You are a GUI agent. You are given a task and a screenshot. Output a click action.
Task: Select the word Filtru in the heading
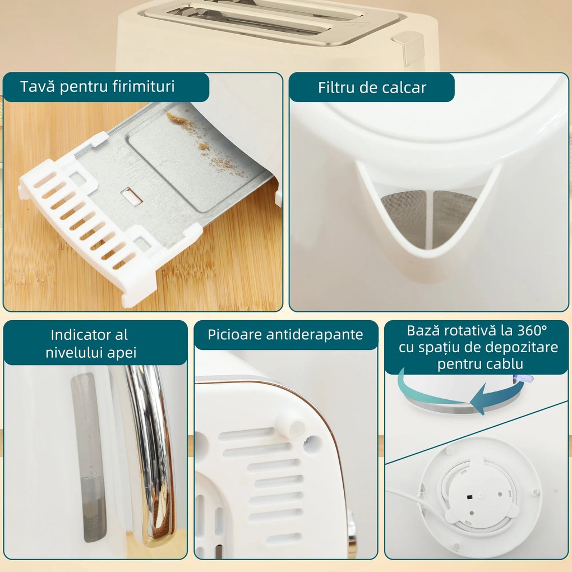tap(335, 87)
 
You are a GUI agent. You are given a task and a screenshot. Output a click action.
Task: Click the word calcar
tap(405, 87)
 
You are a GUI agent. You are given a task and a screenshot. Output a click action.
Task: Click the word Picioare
tap(234, 335)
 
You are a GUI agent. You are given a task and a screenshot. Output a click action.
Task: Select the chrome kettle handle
tap(151, 449)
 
